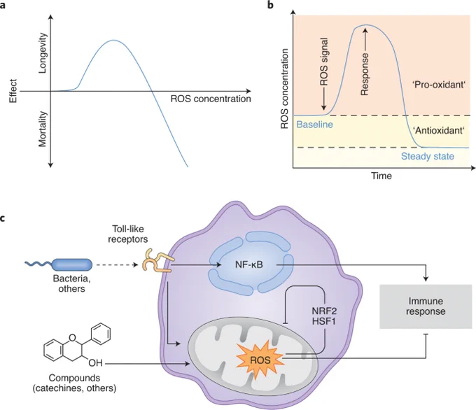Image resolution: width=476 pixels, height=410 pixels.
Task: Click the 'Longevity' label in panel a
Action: [x=43, y=53]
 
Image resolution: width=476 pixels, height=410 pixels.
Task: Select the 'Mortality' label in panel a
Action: [x=43, y=129]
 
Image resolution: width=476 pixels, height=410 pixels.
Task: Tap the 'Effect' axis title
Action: [x=13, y=91]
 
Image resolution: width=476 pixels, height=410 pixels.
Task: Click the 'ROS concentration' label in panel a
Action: [x=211, y=99]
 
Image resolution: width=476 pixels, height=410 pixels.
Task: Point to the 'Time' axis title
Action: [x=381, y=176]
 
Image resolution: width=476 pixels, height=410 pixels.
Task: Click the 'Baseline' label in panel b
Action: [x=314, y=125]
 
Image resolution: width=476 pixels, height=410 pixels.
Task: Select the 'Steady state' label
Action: [x=428, y=156]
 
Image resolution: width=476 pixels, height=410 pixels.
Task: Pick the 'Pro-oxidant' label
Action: [x=439, y=85]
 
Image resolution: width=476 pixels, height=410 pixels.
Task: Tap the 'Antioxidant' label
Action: [x=439, y=131]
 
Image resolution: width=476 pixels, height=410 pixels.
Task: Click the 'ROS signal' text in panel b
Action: [x=324, y=62]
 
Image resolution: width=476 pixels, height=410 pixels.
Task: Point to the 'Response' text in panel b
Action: [x=365, y=74]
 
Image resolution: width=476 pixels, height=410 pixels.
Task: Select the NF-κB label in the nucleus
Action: [x=249, y=264]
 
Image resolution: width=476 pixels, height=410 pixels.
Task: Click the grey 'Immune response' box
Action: [x=426, y=306]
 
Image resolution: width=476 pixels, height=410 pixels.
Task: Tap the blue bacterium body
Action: [x=72, y=264]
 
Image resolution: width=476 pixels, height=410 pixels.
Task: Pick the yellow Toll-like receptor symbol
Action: [x=158, y=260]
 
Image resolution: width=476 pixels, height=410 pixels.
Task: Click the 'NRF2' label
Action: [x=324, y=311]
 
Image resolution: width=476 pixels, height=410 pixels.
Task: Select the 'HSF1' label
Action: [x=324, y=321]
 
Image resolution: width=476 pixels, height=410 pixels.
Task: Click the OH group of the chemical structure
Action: [x=95, y=362]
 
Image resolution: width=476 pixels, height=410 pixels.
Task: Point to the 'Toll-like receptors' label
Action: [x=128, y=234]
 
